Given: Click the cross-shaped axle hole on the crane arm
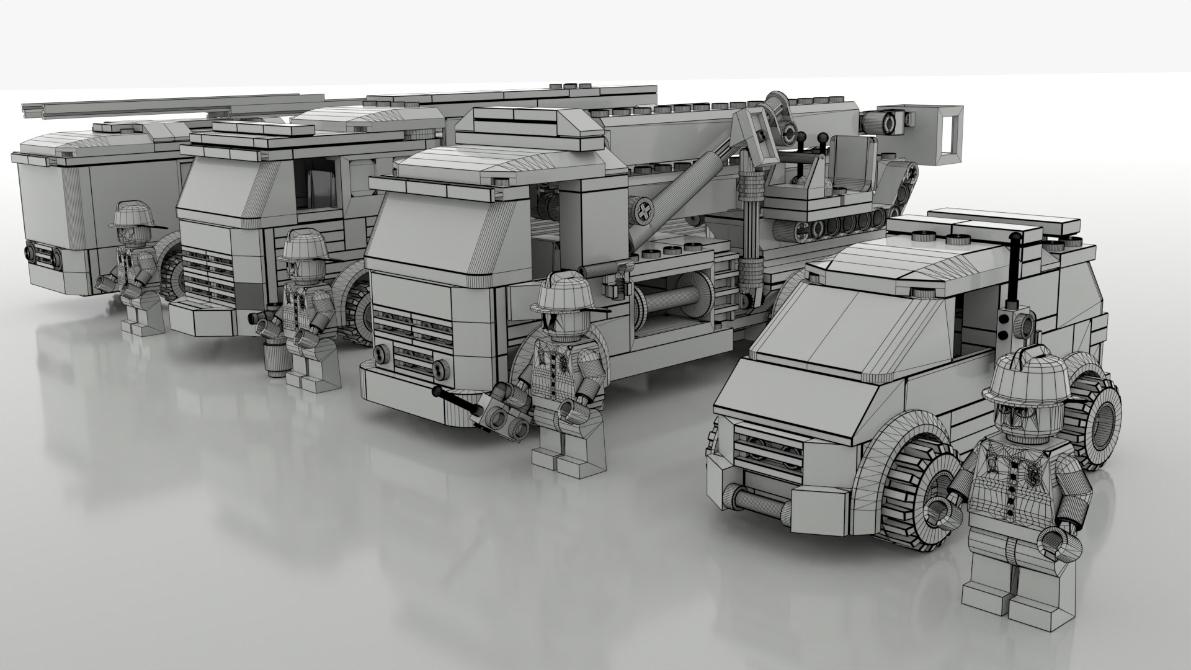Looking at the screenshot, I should [643, 211].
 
